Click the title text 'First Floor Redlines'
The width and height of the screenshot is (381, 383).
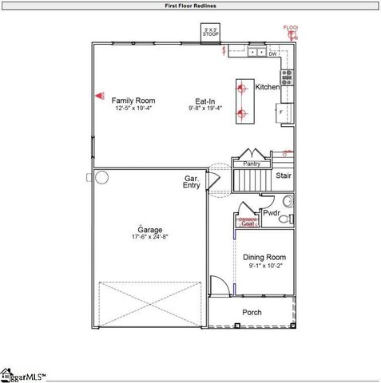point(190,6)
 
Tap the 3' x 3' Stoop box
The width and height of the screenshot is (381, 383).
point(211,34)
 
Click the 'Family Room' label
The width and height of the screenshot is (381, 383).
point(133,100)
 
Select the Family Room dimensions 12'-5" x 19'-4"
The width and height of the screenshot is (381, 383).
point(133,108)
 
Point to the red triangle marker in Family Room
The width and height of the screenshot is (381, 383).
point(100,95)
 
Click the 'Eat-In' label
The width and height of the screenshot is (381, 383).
point(205,101)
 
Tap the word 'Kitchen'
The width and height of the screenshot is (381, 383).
point(267,86)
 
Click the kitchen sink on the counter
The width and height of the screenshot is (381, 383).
point(257,52)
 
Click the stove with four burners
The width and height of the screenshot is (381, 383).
point(286,77)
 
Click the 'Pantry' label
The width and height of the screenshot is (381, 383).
point(252,164)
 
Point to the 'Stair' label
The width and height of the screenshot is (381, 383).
point(283,176)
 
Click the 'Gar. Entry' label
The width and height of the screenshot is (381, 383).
point(192,182)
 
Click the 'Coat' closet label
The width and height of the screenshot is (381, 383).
point(248,224)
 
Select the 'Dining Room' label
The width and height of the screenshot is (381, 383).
point(264,258)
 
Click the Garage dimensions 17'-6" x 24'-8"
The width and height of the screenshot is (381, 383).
point(150,237)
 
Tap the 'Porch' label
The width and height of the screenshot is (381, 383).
point(252,312)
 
